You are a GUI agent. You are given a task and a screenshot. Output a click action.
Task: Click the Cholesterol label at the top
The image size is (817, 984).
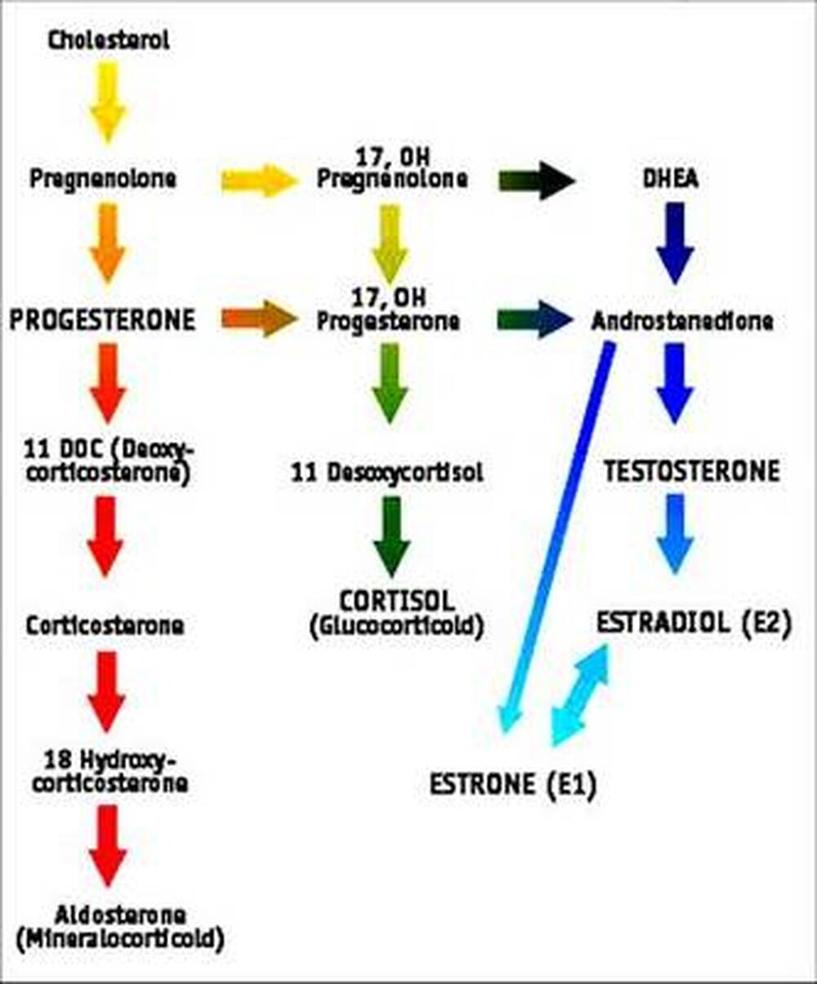click(x=109, y=40)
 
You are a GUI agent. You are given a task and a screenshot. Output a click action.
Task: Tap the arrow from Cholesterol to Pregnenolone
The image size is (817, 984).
click(x=108, y=101)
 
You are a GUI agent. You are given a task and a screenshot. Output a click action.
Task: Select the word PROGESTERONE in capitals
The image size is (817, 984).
click(x=103, y=320)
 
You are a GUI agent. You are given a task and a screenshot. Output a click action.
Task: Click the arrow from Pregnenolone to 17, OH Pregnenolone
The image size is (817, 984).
click(x=259, y=180)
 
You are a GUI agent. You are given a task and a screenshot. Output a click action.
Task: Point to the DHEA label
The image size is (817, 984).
click(x=670, y=180)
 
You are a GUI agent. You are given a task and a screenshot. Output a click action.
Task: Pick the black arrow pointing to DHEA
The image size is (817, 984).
click(x=537, y=180)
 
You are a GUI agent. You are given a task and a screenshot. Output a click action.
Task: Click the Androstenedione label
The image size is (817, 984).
click(x=681, y=321)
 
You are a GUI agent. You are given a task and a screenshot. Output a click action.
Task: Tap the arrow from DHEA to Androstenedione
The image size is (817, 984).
click(x=675, y=243)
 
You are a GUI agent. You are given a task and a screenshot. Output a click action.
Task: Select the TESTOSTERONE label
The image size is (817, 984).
click(x=692, y=471)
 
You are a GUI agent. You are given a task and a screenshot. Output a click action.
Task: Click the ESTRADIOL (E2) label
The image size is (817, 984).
click(x=694, y=623)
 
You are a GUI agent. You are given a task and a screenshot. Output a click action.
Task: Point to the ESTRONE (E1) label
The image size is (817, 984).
click(x=513, y=785)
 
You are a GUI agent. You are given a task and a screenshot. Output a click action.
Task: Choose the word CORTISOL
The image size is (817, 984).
click(x=396, y=602)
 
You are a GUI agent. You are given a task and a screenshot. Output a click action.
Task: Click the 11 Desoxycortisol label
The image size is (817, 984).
click(x=387, y=472)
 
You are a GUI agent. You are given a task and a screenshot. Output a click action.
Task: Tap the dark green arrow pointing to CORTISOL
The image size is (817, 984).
click(x=391, y=536)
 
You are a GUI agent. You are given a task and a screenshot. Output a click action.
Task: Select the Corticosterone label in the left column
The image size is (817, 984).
click(x=104, y=626)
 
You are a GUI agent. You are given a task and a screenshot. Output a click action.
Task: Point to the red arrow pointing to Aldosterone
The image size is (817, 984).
click(x=108, y=846)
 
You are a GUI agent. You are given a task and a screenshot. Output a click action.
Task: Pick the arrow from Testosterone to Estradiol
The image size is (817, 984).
click(x=675, y=533)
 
